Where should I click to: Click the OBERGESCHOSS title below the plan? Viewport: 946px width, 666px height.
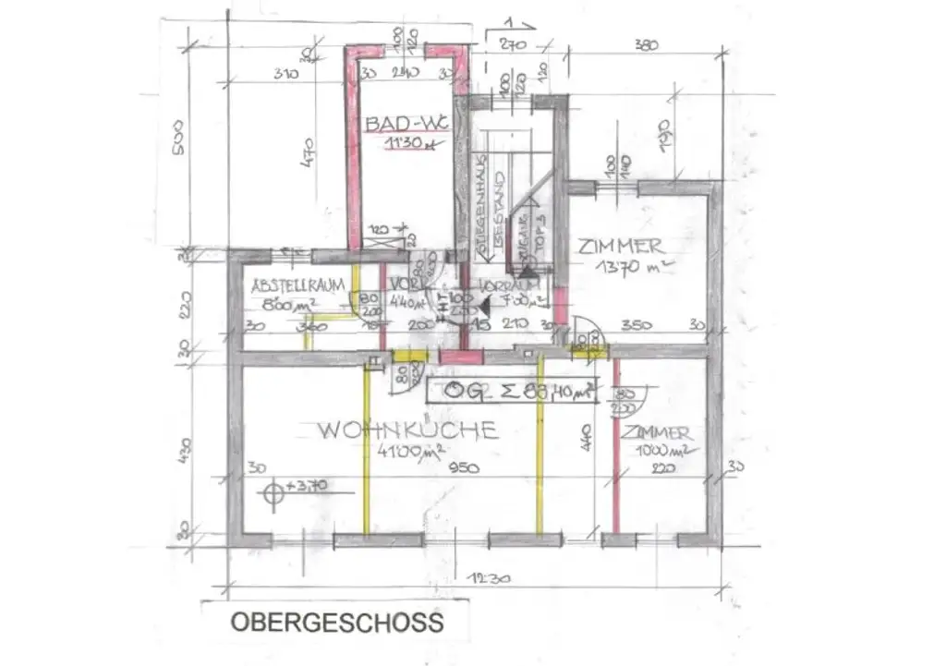[x=337, y=622]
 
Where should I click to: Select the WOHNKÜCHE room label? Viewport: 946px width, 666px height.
[x=407, y=430]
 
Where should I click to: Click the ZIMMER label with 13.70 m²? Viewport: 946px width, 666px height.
[x=621, y=246]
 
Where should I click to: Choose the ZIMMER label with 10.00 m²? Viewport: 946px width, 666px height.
[x=655, y=433]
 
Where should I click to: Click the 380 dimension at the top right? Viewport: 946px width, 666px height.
[x=647, y=44]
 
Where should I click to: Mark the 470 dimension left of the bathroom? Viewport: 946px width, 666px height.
[x=308, y=150]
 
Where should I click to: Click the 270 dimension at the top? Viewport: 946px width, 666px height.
[x=513, y=43]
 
